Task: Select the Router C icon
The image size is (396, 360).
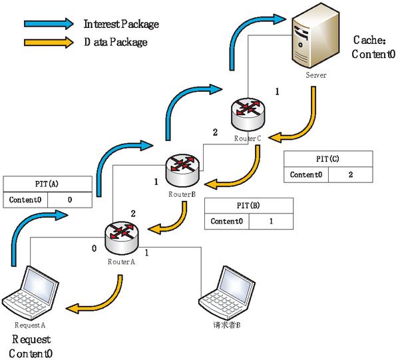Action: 248,114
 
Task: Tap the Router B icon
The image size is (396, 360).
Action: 182,170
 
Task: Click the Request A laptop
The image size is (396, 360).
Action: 31,293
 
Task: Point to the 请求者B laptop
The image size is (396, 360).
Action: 227,293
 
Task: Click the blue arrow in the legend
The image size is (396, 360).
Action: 49,24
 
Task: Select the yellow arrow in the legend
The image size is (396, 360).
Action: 49,42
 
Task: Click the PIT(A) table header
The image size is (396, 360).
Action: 47,184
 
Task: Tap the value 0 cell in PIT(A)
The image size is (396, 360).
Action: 70,200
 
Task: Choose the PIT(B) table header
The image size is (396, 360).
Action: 249,206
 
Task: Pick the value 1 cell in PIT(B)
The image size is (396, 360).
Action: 272,222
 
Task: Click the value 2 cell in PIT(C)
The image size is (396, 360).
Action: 351,175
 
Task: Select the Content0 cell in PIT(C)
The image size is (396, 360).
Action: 306,175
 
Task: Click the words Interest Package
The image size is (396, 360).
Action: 121,24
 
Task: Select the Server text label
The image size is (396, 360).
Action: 316,75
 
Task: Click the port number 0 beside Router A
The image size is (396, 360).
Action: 95,249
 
